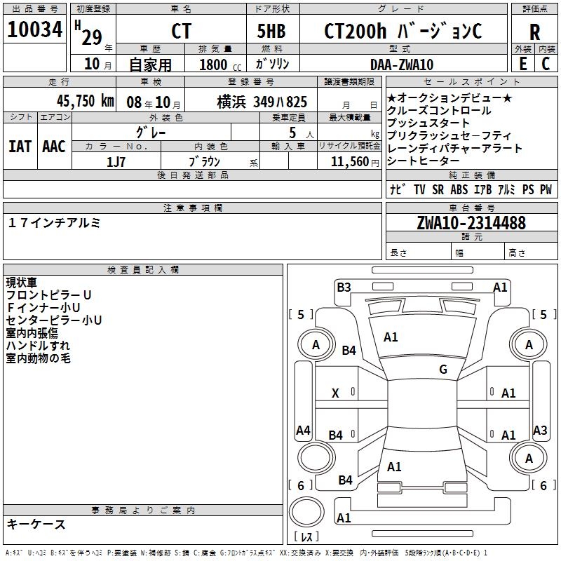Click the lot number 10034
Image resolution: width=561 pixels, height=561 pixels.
point(35,30)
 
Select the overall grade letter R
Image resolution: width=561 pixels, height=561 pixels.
point(535,32)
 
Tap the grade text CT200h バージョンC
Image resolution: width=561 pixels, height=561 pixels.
point(403,32)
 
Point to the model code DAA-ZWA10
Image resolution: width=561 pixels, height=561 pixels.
point(402,65)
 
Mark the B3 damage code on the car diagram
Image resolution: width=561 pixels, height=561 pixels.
point(344,287)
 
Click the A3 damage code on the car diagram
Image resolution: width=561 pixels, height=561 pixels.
point(540,431)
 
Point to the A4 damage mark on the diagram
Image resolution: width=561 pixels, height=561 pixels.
point(303,431)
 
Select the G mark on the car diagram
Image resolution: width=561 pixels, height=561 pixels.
point(443,370)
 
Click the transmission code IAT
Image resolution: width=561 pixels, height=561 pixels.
point(20,146)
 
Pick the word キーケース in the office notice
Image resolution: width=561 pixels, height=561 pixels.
point(36,525)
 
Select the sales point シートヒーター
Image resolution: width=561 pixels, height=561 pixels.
point(425,161)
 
